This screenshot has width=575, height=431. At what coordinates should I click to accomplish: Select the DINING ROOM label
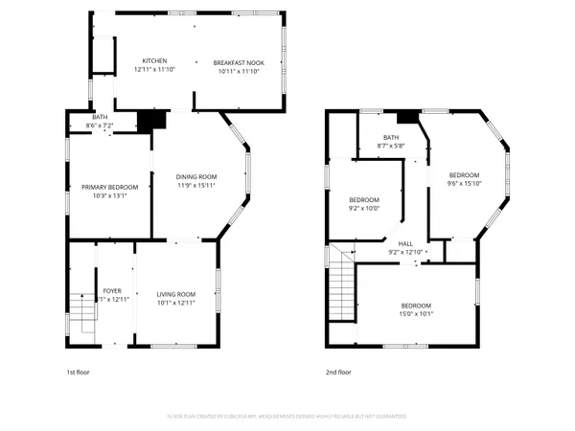point(196,176)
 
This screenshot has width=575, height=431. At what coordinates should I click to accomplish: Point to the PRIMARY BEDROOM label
point(110,187)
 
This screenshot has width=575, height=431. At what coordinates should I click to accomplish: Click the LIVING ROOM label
point(176,294)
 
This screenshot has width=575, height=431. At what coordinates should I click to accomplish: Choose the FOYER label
point(112,290)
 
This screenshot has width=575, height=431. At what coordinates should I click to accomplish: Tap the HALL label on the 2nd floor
point(405,243)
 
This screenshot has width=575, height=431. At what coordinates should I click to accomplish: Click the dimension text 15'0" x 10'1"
point(417,313)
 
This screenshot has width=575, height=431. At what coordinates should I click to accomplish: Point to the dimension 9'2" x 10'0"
point(364,208)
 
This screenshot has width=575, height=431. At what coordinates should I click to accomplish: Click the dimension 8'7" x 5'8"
point(391,146)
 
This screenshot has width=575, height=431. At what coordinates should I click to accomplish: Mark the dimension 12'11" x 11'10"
point(154,70)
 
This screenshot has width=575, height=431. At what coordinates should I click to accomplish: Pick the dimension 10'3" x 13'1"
point(110,195)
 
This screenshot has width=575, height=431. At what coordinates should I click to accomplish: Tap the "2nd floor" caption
point(339,372)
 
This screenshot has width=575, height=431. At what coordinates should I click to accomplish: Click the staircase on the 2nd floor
point(341,286)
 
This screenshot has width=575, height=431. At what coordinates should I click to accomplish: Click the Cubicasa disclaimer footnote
point(287,417)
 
